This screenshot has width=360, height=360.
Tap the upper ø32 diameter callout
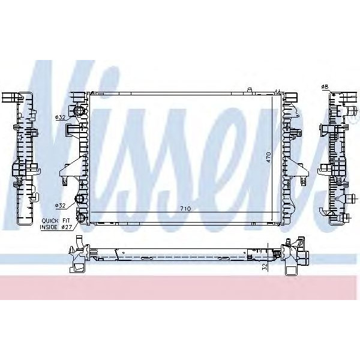pyautogui.click(x=61, y=117)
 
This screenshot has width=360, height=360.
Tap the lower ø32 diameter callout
pyautogui.click(x=61, y=205)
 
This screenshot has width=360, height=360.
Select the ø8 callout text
pyautogui.click(x=325, y=88)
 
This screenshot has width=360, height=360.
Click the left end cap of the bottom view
pyautogui.click(x=78, y=255)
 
